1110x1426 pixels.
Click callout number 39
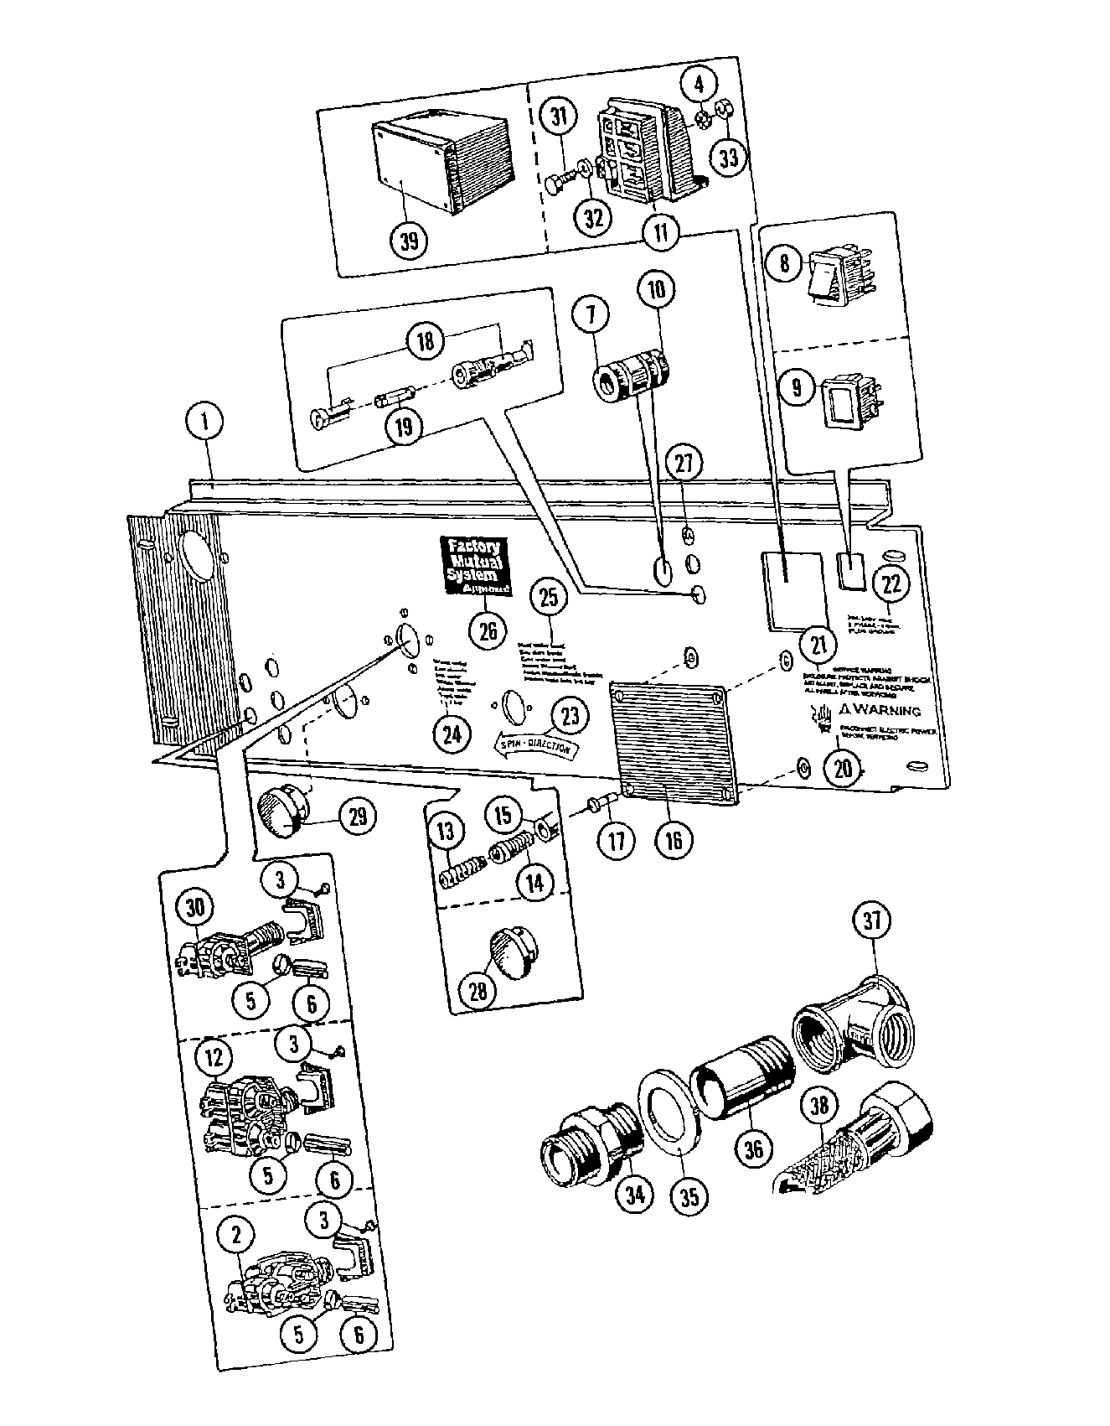click(409, 241)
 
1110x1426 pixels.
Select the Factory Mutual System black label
click(475, 566)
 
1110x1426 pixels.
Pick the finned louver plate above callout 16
click(675, 740)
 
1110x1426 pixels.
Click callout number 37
click(872, 920)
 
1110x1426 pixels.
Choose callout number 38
click(818, 1106)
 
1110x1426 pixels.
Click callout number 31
click(560, 117)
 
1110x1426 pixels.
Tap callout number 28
click(478, 991)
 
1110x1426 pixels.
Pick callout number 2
click(237, 1233)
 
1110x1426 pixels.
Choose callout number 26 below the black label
click(488, 630)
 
